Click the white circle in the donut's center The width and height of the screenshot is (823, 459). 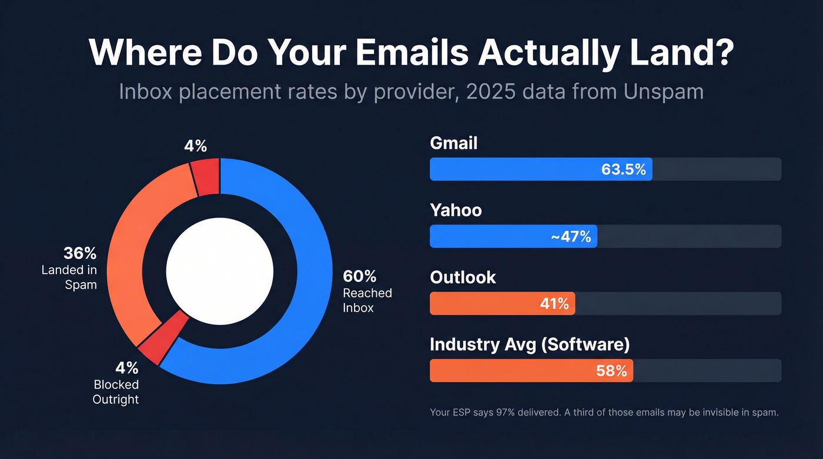[219, 271]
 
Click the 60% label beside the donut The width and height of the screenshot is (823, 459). [360, 276]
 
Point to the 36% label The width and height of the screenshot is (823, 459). [79, 254]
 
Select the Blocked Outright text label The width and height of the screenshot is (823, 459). [116, 392]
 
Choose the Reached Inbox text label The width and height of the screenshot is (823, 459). [367, 300]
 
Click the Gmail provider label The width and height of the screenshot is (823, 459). [454, 143]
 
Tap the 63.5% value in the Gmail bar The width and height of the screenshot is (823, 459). [623, 169]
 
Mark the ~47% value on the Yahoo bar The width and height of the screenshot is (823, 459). [570, 236]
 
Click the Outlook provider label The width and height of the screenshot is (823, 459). [463, 277]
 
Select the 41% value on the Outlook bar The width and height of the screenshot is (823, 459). [554, 303]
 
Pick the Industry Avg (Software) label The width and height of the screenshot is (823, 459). [529, 344]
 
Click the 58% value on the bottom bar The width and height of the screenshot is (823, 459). [611, 371]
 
